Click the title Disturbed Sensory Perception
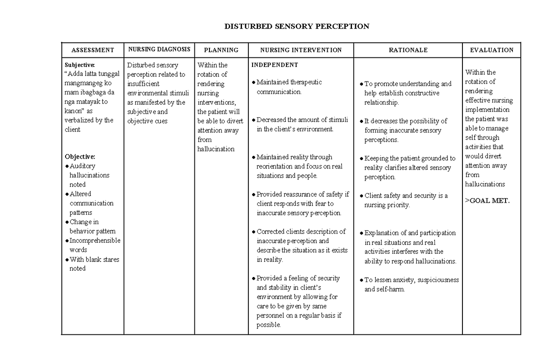click(297, 26)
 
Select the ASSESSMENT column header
click(93, 50)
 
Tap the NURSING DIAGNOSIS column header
click(159, 49)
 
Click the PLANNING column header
click(221, 50)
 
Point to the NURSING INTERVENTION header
click(301, 50)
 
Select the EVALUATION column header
click(491, 50)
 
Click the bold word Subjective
click(79, 65)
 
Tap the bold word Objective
click(80, 156)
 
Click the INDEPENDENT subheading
click(275, 65)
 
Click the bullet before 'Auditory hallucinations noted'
click(67, 166)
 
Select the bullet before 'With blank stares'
click(67, 260)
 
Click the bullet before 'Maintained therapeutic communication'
click(254, 83)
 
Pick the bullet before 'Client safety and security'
click(362, 196)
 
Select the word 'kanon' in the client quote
click(74, 111)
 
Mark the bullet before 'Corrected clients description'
click(254, 232)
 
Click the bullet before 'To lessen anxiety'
click(362, 280)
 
